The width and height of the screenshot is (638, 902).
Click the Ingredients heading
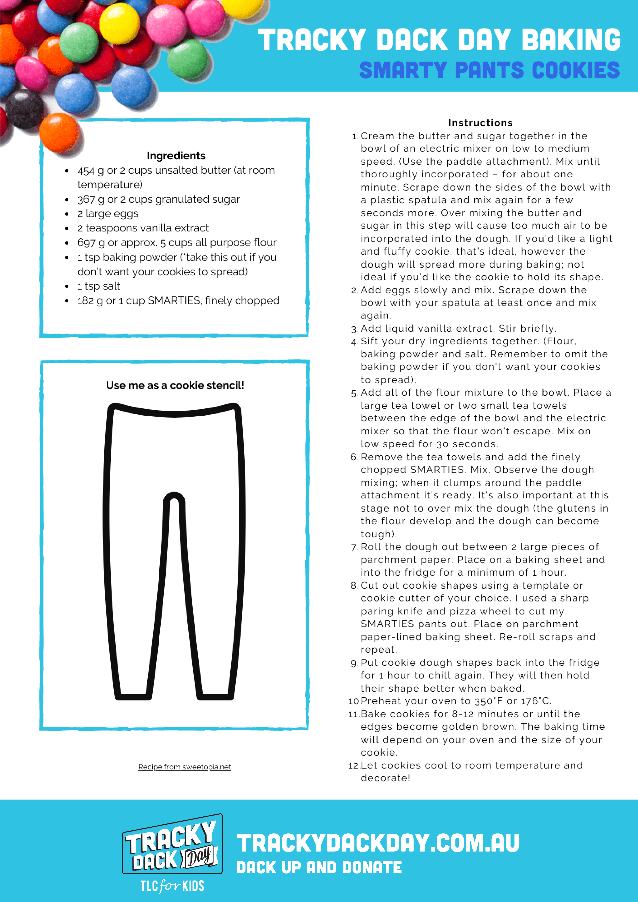point(176,156)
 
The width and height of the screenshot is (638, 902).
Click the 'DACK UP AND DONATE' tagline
point(319,868)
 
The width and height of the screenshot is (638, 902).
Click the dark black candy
point(24,109)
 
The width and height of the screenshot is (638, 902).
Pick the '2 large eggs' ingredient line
point(108,214)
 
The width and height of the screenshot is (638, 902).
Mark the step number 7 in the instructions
point(354,547)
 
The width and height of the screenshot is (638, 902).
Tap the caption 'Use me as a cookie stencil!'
point(175,385)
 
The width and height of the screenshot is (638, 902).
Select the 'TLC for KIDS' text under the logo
point(172,886)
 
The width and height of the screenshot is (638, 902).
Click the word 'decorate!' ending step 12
point(385,778)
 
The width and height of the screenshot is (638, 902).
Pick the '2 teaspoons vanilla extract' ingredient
point(143,228)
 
